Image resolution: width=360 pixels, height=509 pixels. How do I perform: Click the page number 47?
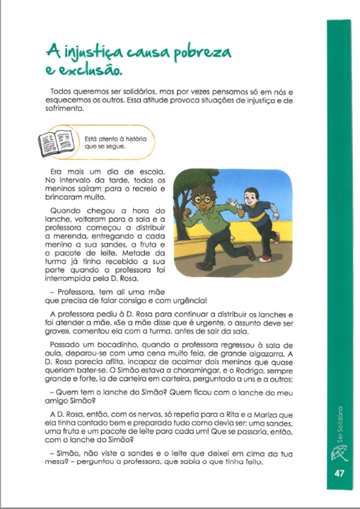(339, 474)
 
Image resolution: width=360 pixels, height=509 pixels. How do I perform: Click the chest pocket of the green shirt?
(218, 221)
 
